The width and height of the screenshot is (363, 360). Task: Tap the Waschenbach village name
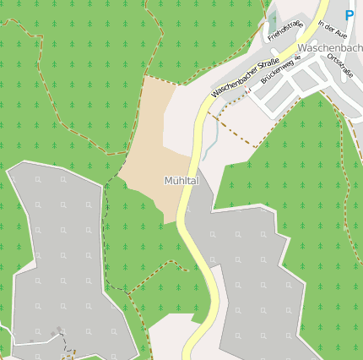click(330, 48)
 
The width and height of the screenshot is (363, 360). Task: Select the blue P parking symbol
click(349, 15)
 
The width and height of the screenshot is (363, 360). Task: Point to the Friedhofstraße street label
click(284, 30)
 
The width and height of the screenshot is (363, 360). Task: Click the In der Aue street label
click(333, 29)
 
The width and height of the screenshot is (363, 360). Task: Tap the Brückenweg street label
click(279, 76)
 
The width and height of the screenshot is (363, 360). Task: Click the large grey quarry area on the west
click(59, 254)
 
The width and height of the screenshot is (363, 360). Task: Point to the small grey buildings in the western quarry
click(59, 331)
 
